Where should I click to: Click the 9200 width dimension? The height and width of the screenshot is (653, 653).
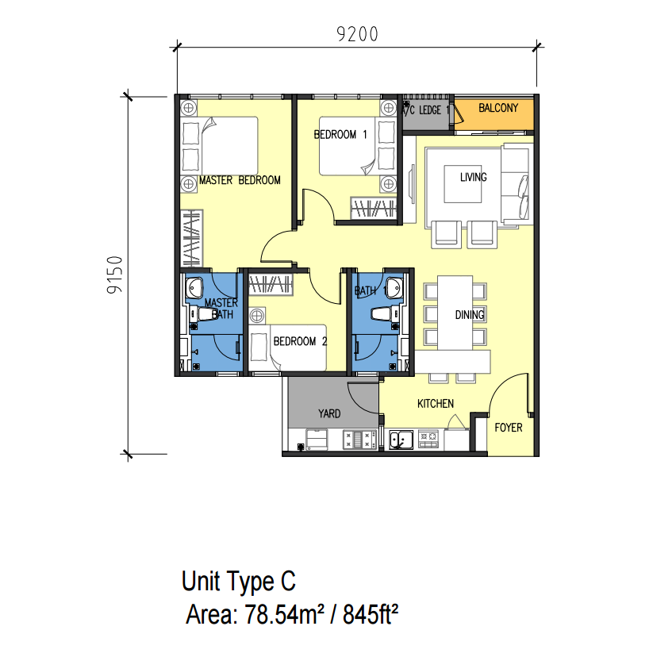click(x=357, y=34)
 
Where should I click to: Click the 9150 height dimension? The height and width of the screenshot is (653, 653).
click(x=114, y=275)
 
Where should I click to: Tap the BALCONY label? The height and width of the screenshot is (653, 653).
click(x=498, y=108)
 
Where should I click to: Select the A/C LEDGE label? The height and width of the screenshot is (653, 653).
click(x=424, y=110)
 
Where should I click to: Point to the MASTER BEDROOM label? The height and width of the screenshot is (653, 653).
click(x=240, y=180)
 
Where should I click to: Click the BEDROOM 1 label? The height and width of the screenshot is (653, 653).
click(x=340, y=135)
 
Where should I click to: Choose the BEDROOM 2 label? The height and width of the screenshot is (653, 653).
click(x=300, y=341)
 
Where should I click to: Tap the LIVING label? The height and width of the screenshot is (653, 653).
click(x=474, y=178)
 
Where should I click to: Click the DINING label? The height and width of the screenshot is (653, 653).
click(x=470, y=315)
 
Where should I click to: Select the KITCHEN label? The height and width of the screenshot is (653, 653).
click(x=436, y=404)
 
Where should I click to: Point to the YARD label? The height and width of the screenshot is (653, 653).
click(x=329, y=413)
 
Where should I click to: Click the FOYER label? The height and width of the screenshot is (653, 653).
click(x=509, y=428)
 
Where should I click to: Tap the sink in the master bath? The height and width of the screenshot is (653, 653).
click(x=194, y=288)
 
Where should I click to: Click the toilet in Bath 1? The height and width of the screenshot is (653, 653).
click(x=382, y=314)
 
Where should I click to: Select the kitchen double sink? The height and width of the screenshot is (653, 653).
click(x=401, y=440)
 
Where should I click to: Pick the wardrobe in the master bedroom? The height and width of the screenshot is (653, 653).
click(x=192, y=238)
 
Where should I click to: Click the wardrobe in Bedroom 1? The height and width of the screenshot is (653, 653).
click(x=373, y=208)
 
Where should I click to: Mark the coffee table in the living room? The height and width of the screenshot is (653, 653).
click(x=463, y=184)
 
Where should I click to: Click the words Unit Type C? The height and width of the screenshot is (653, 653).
click(x=239, y=582)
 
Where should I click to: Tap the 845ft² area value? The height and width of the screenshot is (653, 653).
click(x=371, y=614)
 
